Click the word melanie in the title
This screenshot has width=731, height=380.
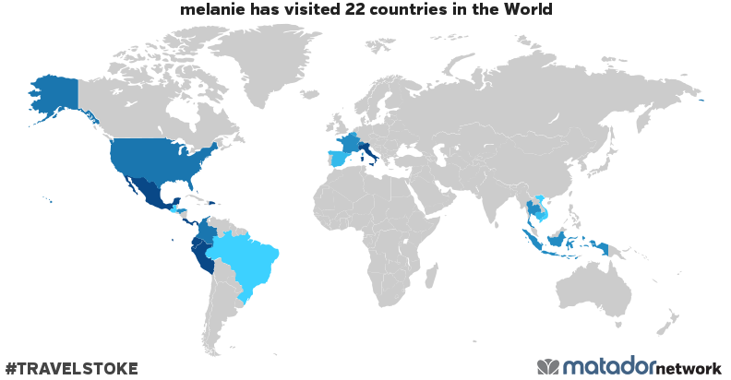(214, 10)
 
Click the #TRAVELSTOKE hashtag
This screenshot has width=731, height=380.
(71, 369)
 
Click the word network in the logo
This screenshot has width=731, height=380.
(689, 368)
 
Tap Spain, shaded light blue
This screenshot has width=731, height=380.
(339, 158)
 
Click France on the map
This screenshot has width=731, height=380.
(352, 142)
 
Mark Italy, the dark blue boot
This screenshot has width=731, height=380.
(370, 151)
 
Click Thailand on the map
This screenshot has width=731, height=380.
(533, 208)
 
